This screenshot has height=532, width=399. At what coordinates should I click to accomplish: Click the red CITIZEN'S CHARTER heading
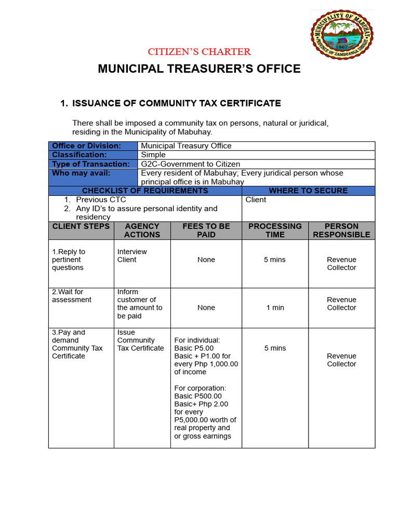pyautogui.click(x=199, y=51)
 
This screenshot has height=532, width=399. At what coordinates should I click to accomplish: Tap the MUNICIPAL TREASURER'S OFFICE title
pyautogui.click(x=199, y=69)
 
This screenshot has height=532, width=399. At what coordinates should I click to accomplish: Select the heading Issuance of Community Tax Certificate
pyautogui.click(x=176, y=103)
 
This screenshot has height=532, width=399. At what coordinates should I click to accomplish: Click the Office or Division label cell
pyautogui.click(x=86, y=146)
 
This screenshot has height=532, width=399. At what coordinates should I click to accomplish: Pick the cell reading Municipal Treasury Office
pyautogui.click(x=186, y=146)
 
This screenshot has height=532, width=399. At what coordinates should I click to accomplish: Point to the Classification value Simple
pyautogui.click(x=153, y=155)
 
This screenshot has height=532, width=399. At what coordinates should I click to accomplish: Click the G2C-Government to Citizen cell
pyautogui.click(x=190, y=164)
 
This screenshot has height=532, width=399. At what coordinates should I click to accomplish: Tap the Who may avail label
pyautogui.click(x=81, y=173)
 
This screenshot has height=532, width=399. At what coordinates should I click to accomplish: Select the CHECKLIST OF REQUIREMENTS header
pyautogui.click(x=145, y=191)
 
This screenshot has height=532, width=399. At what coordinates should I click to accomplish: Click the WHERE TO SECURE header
pyautogui.click(x=309, y=191)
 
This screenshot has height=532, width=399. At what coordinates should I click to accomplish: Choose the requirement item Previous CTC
pyautogui.click(x=101, y=199)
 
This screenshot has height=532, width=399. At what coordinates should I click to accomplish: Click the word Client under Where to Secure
pyautogui.click(x=256, y=199)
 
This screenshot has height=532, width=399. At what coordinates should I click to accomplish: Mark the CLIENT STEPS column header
pyautogui.click(x=81, y=227)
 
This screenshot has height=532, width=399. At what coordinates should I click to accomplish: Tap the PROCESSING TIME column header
pyautogui.click(x=275, y=230)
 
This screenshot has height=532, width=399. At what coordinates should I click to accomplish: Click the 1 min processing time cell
pyautogui.click(x=275, y=308)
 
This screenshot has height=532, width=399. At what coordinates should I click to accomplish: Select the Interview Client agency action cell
pyautogui.click(x=132, y=256)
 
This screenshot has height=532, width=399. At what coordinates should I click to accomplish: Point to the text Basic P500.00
pyautogui.click(x=198, y=396)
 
